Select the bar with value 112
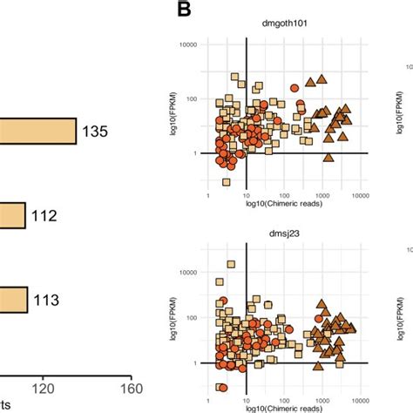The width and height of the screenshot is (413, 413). click(12, 215)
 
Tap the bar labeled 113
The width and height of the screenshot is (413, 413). click(13, 300)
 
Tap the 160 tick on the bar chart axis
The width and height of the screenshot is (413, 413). click(131, 389)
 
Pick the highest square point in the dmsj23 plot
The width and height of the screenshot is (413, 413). click(231, 264)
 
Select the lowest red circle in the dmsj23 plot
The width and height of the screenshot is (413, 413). click(223, 388)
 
